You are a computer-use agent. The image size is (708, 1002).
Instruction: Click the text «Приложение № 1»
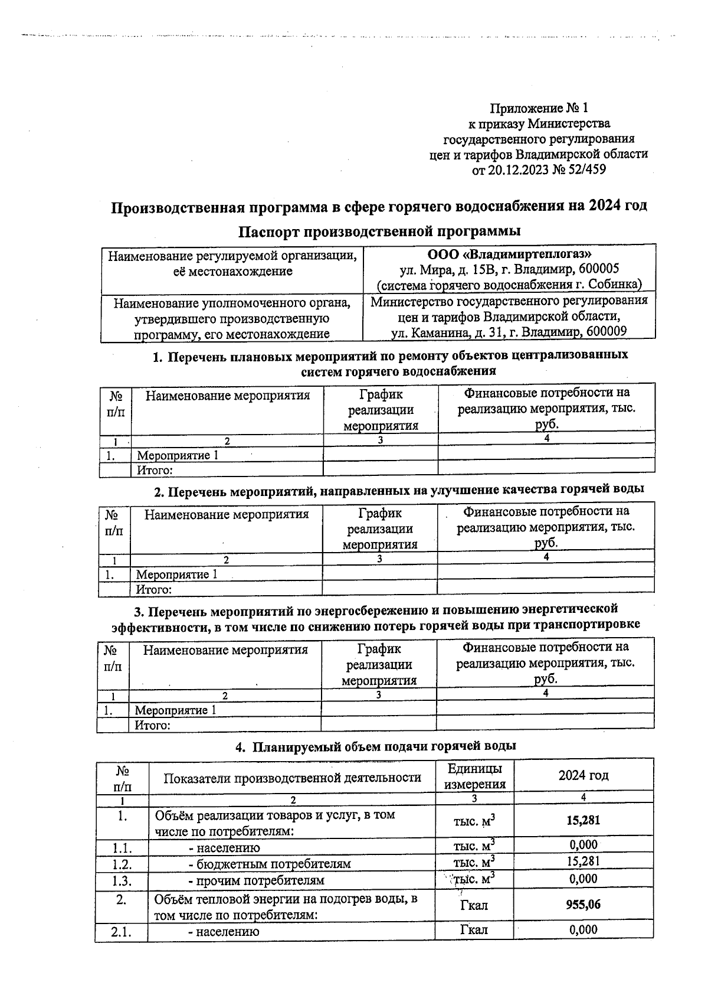539,109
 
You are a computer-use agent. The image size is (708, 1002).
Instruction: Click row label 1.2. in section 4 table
122,864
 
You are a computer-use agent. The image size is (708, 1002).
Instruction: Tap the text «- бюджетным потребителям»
269,864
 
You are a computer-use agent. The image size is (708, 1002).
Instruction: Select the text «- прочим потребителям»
256,880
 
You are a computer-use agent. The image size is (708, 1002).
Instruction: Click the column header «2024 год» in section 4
583,776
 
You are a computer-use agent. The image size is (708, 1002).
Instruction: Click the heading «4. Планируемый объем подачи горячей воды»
376,746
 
